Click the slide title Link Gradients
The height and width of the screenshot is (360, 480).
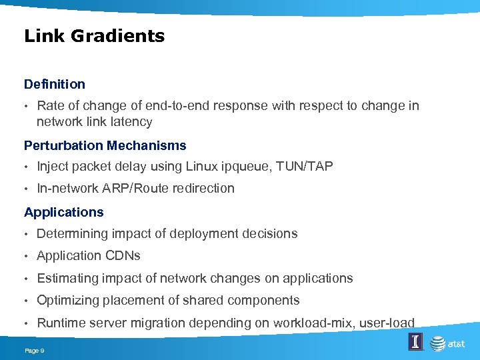pyautogui.click(x=94, y=36)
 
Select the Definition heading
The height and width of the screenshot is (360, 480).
pyautogui.click(x=55, y=84)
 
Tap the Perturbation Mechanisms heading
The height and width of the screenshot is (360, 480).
pyautogui.click(x=105, y=145)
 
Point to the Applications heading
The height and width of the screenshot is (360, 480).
pyautogui.click(x=64, y=212)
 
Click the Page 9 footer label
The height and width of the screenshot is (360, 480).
pyautogui.click(x=34, y=351)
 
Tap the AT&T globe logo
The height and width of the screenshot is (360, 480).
pyautogui.click(x=437, y=343)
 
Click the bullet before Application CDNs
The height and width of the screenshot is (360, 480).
pyautogui.click(x=27, y=256)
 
